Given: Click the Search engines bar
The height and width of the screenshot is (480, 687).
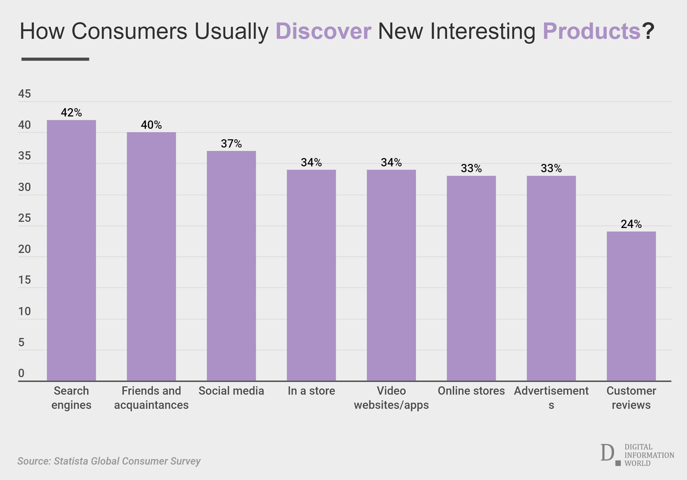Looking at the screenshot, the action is pos(71,250).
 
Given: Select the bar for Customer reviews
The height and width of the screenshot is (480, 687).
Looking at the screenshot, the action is pos(631,306).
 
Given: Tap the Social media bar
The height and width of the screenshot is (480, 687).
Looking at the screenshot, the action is pos(231,266).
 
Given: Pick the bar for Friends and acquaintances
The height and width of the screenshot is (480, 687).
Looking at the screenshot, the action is pos(151,256).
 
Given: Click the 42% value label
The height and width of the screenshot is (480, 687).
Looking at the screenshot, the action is pos(71,113).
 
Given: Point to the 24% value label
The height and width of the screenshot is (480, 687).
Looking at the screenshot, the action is pos(631,224).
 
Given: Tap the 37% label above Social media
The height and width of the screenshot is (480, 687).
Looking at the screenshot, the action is pos(231,144).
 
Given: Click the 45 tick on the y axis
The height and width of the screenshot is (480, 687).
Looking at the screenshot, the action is pos(25,94).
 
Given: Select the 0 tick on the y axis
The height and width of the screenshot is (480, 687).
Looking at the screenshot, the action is pos(21,373).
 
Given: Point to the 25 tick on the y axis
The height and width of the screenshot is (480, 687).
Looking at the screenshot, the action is pos(25,218).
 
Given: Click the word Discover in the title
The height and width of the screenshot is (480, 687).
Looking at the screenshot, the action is pos(323,31).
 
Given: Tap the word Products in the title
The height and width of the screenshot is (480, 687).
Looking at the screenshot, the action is pos(592,31).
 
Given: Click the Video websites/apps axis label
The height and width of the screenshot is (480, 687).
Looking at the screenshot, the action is pos(391,398).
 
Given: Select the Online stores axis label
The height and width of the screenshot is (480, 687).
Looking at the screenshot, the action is pos(471,391).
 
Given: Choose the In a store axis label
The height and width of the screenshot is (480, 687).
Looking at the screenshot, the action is pos(311,391).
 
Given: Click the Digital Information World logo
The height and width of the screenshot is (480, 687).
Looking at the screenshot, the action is pos(637,455).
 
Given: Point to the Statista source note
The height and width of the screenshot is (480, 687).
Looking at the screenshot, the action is pos(109,461).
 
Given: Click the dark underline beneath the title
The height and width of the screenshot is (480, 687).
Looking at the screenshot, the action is pos(55,59).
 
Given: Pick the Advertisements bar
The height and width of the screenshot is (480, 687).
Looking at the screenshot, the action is pos(551,278).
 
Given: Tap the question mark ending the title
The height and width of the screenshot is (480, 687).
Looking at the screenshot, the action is pos(648,31).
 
